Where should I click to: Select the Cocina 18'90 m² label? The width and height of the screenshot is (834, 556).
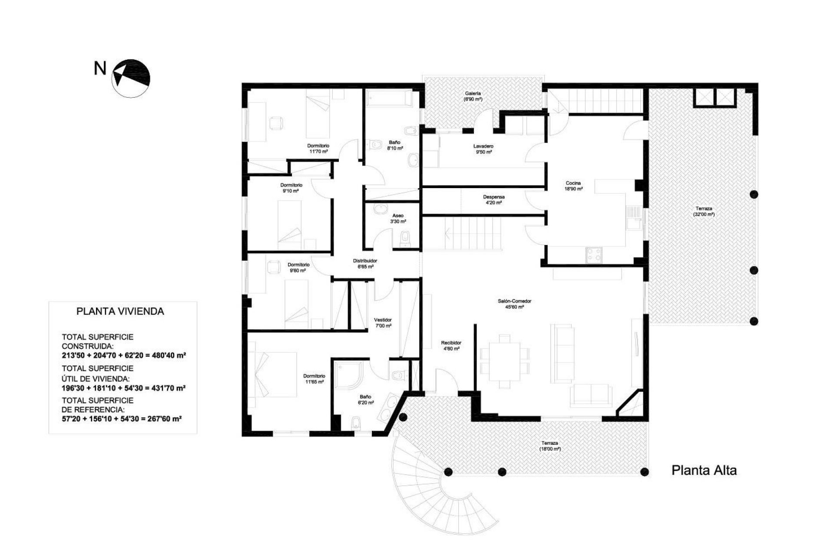[x=573, y=186]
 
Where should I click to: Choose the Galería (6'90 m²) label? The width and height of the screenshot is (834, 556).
[x=473, y=96]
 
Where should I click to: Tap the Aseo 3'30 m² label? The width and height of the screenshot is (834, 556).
[x=397, y=218]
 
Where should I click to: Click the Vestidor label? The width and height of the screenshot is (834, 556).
[x=383, y=323]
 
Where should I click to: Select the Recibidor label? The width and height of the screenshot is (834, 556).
[x=451, y=345]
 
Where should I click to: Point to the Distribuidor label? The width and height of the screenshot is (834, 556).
[x=365, y=264]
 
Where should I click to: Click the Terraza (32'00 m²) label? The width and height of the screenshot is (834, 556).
[x=703, y=211]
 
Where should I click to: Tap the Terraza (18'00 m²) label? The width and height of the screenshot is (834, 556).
[x=549, y=446]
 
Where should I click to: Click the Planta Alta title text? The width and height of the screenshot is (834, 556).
[x=704, y=470]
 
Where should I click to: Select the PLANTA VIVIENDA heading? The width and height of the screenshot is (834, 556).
[x=120, y=311]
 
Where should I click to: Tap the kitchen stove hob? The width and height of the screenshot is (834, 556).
[x=594, y=255]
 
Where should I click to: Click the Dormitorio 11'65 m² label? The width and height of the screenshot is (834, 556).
[x=314, y=379]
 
